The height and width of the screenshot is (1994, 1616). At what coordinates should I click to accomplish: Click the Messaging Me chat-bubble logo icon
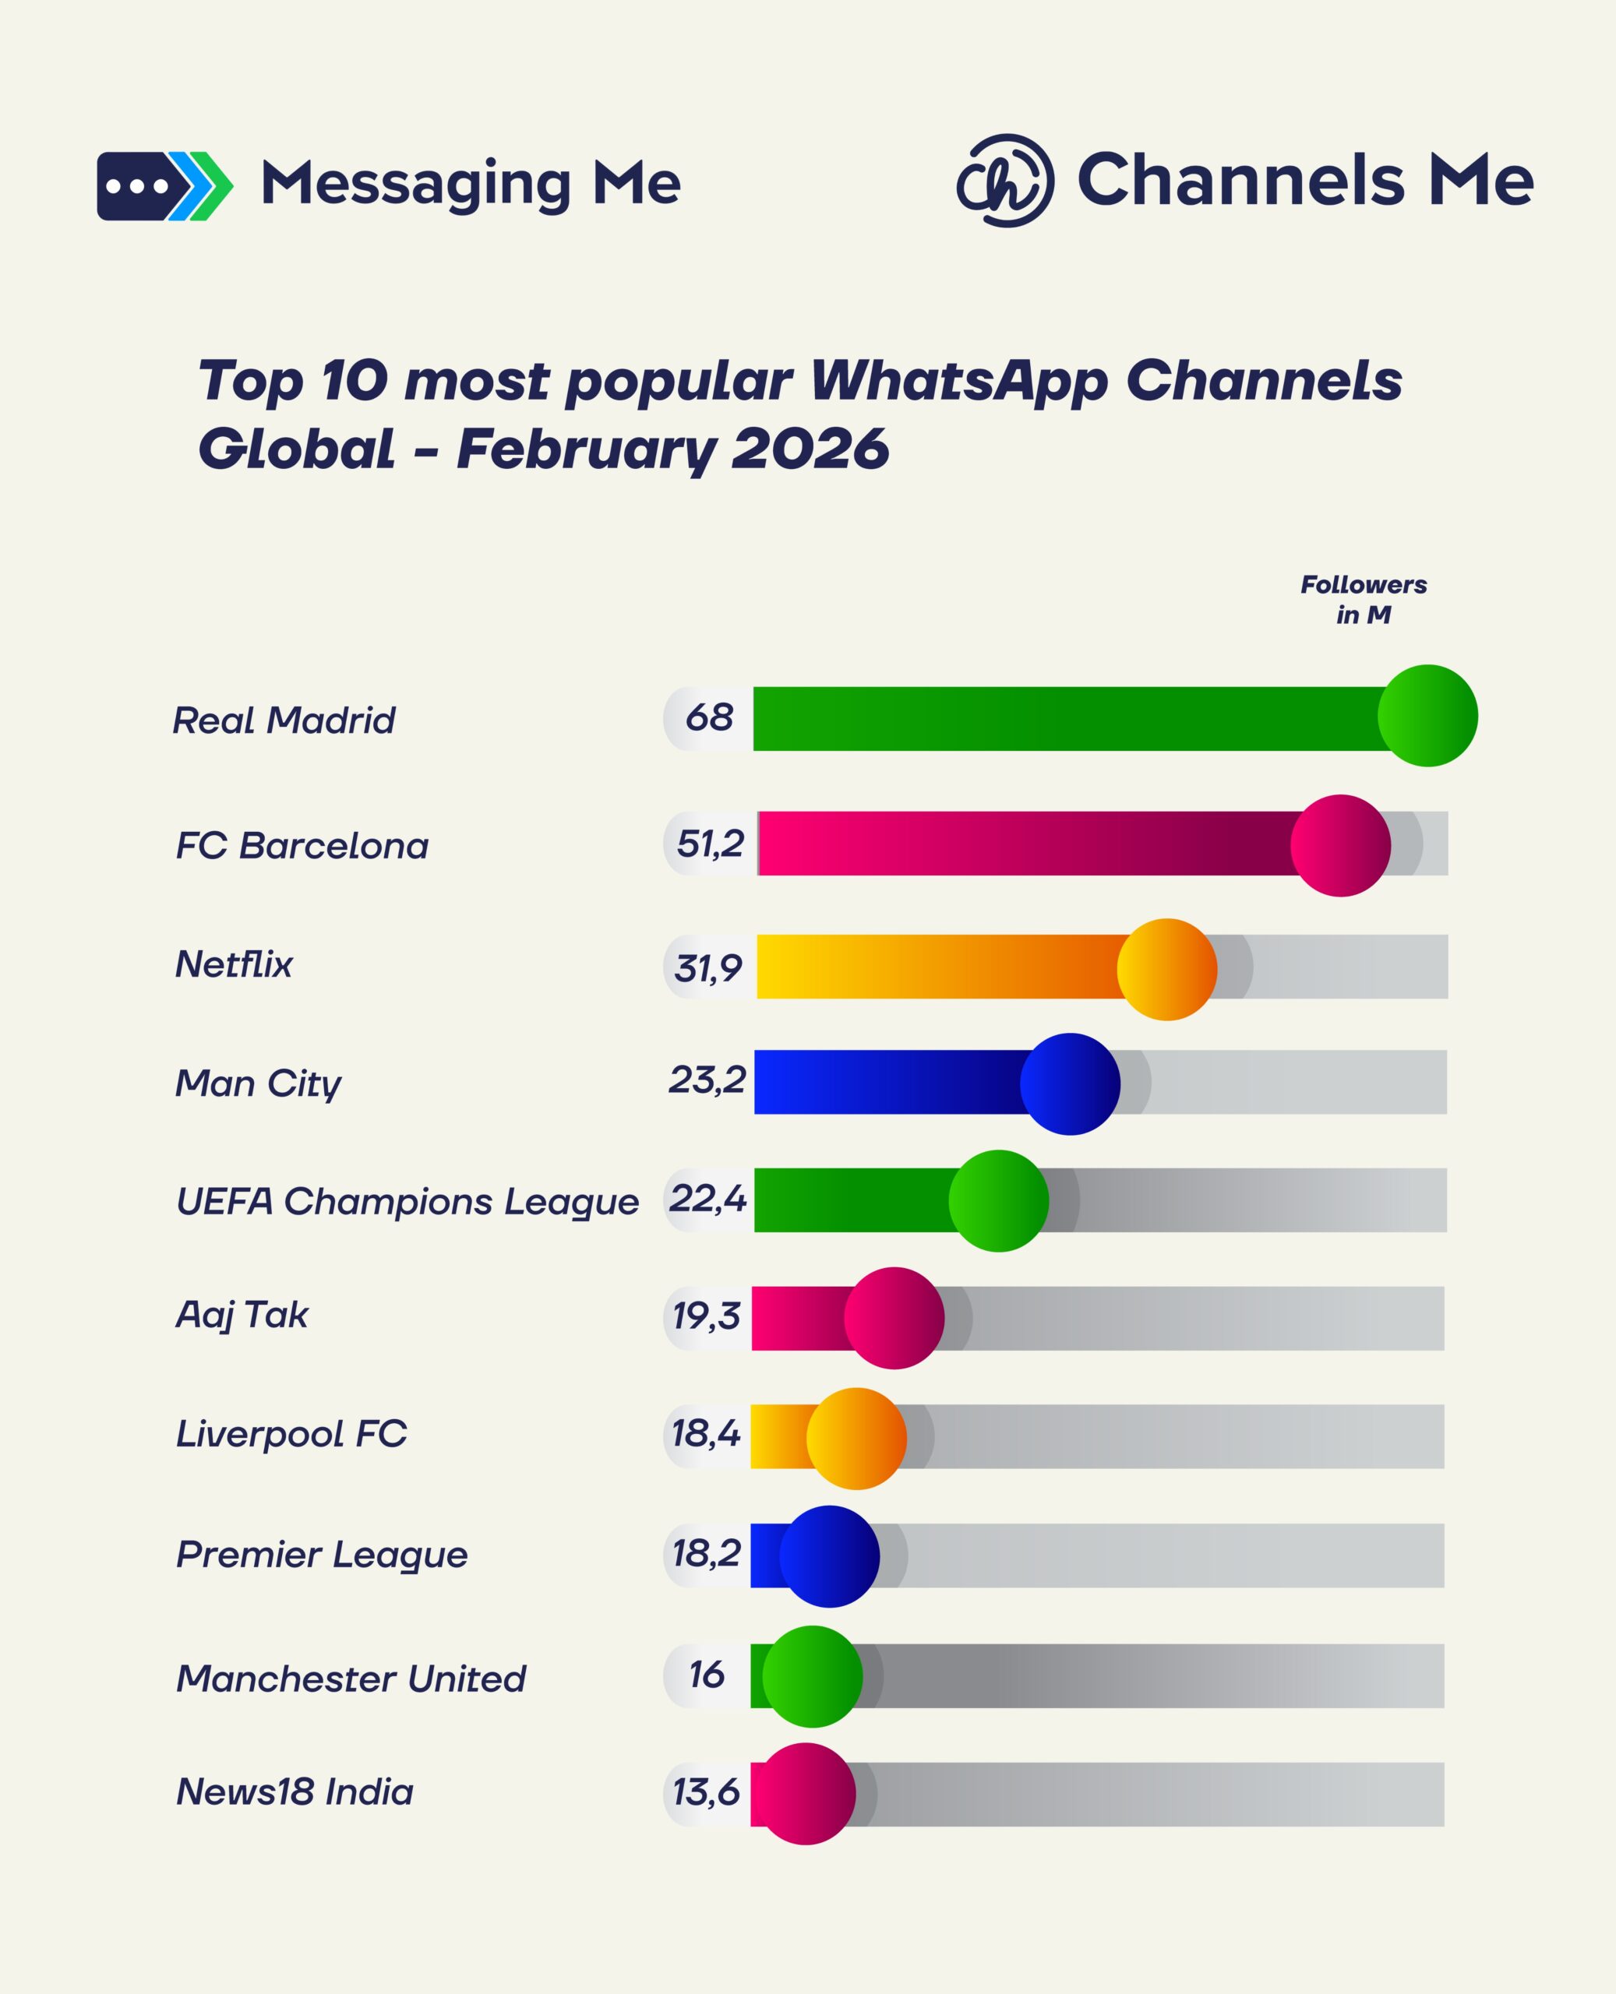(164, 186)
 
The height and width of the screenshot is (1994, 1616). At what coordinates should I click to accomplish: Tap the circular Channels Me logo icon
(1005, 181)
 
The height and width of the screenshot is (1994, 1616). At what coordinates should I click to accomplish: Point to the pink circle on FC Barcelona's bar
(1339, 845)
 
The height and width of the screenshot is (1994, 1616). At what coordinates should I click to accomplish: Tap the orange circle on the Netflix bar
(1166, 969)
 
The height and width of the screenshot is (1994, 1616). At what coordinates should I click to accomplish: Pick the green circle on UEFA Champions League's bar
(998, 1200)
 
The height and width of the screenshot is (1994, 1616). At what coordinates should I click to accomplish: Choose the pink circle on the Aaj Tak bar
(894, 1318)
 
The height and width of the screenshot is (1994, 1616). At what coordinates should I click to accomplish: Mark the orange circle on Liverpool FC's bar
(856, 1438)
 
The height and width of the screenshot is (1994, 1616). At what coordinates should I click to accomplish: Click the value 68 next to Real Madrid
(709, 717)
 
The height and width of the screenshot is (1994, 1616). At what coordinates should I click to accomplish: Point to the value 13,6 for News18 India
(706, 1791)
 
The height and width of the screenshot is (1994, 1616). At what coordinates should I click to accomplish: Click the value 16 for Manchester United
(707, 1674)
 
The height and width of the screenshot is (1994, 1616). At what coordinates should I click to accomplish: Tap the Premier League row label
(322, 1555)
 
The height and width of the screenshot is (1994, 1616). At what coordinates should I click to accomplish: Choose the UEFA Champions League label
(408, 1201)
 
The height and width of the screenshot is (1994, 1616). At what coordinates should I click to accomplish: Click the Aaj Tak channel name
(242, 1316)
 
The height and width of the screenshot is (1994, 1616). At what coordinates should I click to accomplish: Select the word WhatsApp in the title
(959, 382)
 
